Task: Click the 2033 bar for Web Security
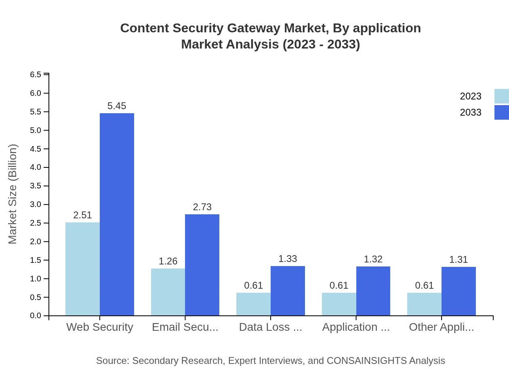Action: coord(117,214)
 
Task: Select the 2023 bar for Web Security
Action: coord(82,269)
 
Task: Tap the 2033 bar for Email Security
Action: coord(202,265)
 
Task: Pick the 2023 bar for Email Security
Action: coord(168,292)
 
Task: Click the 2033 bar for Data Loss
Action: coord(288,291)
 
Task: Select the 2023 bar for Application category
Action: coord(339,304)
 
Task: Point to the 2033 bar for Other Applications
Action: coord(459,291)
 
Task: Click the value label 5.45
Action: coord(117,106)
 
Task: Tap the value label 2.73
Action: coord(202,207)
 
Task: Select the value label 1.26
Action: coord(168,261)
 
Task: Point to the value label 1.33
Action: coord(288,259)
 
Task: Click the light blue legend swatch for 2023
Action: coord(501,96)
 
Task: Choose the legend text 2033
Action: coord(471,112)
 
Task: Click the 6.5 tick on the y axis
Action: coord(36,74)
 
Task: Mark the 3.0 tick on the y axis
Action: coord(36,205)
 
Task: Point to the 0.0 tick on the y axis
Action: coord(36,316)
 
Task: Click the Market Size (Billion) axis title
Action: coord(13,194)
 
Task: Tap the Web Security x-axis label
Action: coord(99,327)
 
